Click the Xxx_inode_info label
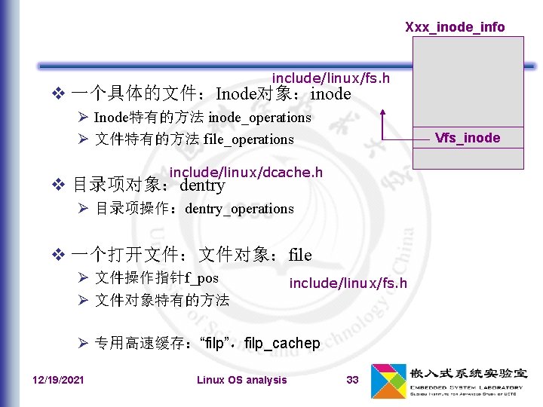click(x=455, y=27)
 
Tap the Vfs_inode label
click(x=467, y=137)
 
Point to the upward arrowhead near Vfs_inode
click(x=384, y=113)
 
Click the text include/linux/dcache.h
click(x=246, y=173)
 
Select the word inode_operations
click(x=259, y=118)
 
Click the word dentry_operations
click(x=239, y=209)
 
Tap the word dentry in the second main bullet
click(x=202, y=185)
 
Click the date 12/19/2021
click(x=59, y=380)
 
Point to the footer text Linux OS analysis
click(x=241, y=380)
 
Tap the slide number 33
click(x=352, y=380)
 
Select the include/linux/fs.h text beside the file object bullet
click(x=348, y=283)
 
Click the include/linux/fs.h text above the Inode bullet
click(x=330, y=78)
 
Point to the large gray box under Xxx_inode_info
click(x=468, y=83)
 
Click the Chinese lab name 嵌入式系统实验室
click(x=468, y=374)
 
